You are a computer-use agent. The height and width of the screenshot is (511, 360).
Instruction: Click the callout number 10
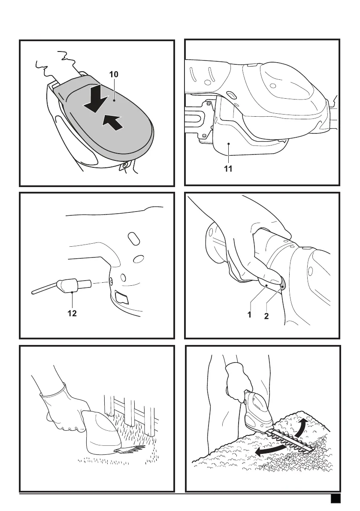point(113,74)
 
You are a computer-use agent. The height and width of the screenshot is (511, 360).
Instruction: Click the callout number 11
point(228,169)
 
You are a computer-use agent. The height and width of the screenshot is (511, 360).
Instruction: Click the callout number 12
point(72,314)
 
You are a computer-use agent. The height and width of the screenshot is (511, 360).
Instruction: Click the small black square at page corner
point(336,499)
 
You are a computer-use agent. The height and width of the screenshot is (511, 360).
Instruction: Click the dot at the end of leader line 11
point(229,145)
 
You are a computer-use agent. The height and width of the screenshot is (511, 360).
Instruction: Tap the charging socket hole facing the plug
point(111,281)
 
